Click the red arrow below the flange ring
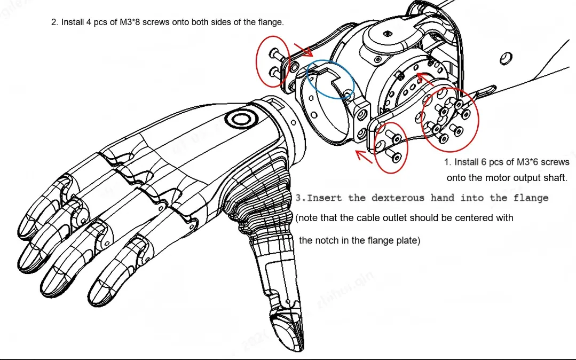pos(365,156)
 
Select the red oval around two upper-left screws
pos(273,61)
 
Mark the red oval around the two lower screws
pos(391,145)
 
